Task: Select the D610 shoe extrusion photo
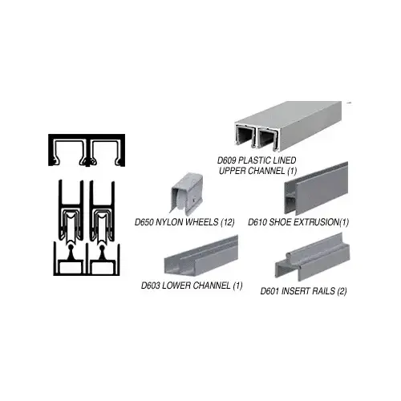[318, 193]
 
